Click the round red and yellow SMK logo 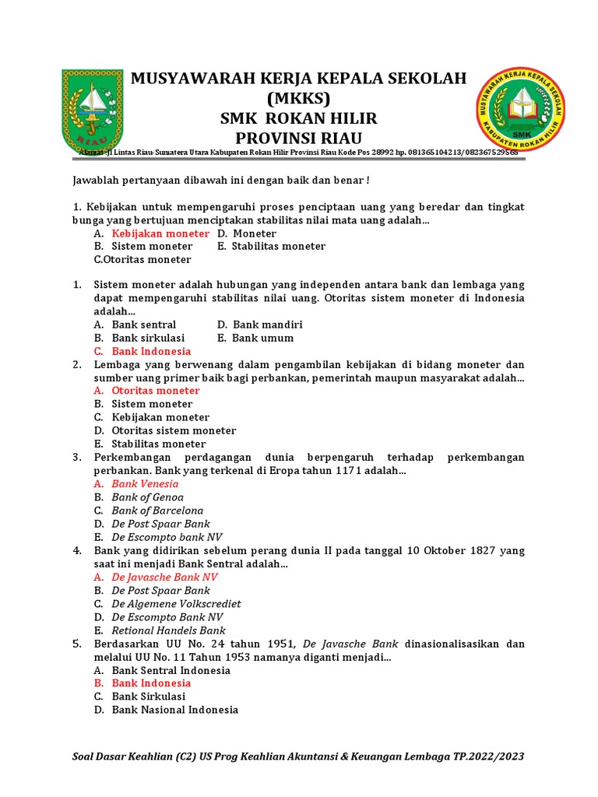click(x=520, y=111)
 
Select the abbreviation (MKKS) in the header click(x=298, y=98)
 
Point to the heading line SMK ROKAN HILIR click(x=298, y=118)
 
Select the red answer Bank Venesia click(x=145, y=483)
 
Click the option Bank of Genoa click(x=147, y=497)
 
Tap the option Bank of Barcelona click(x=157, y=511)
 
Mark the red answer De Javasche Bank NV click(x=164, y=577)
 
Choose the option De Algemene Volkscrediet click(x=176, y=603)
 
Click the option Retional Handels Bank click(x=168, y=630)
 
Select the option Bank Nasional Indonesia click(x=174, y=710)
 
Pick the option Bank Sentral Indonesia click(x=171, y=670)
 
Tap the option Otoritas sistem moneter click(x=174, y=430)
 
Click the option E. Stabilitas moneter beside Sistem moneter click(x=272, y=246)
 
